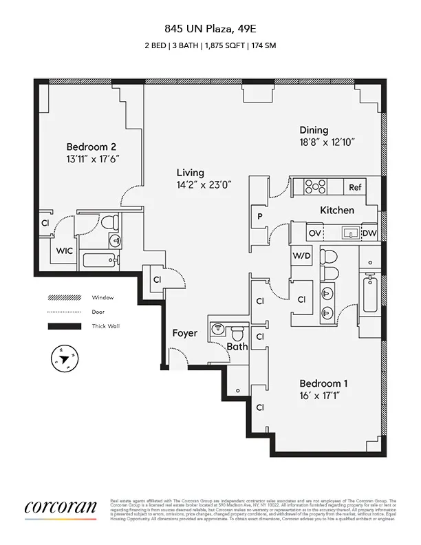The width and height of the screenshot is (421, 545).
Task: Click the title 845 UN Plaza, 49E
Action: (210, 29)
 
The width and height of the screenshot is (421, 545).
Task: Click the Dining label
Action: (313, 130)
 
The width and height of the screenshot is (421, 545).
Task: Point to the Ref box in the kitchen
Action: (355, 187)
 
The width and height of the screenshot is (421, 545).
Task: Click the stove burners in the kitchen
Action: (315, 186)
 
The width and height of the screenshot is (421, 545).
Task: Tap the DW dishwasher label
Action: (369, 234)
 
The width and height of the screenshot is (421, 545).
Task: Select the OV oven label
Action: (314, 234)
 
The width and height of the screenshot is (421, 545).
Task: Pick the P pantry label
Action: (260, 215)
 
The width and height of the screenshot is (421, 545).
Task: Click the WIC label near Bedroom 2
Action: (64, 251)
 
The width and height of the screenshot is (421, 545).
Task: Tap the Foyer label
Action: (185, 333)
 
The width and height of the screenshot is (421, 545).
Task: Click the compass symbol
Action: (64, 359)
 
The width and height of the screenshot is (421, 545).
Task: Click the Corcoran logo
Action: (61, 508)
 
